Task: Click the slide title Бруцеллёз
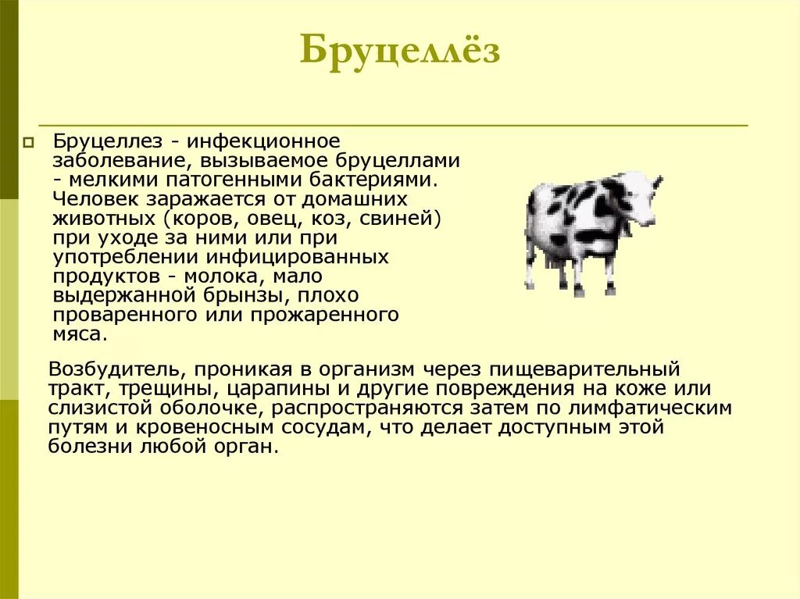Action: (400, 51)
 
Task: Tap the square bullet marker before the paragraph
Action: (29, 143)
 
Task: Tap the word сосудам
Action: (316, 428)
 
